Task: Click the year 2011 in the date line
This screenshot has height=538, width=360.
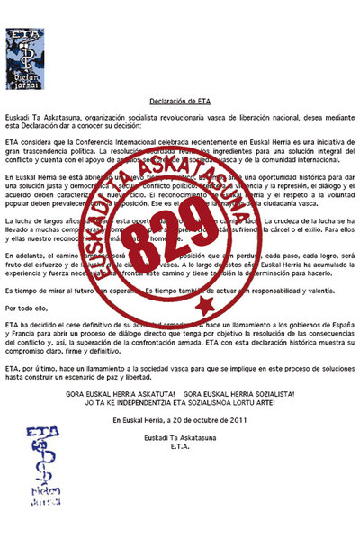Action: coord(236,444)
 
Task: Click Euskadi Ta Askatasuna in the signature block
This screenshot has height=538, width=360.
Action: coord(180,462)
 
